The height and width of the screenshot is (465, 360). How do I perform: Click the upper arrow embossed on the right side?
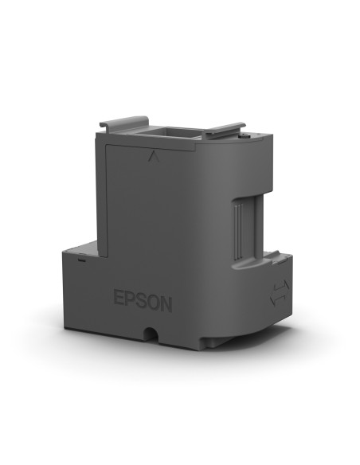[278, 285]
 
